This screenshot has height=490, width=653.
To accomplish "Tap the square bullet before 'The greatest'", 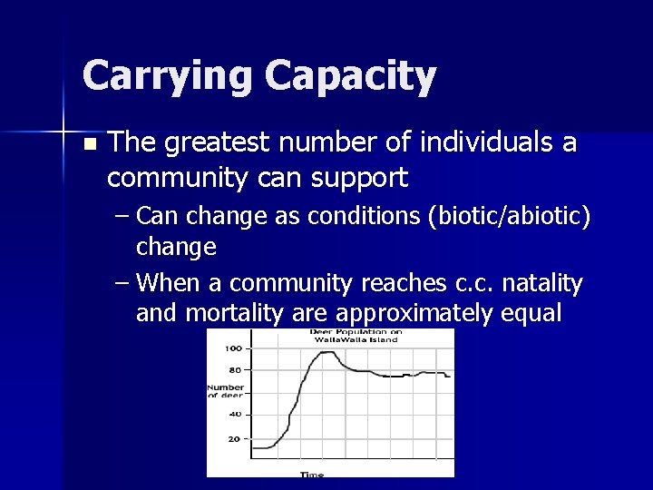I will pyautogui.click(x=87, y=144).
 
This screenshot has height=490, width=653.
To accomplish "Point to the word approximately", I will pyautogui.click(x=416, y=313).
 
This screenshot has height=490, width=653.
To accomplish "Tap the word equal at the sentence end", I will pyautogui.click(x=530, y=313).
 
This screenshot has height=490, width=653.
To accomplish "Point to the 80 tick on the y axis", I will pyautogui.click(x=235, y=370).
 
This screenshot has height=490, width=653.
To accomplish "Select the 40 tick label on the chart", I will pyautogui.click(x=235, y=415).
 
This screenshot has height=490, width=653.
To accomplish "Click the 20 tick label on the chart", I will pyautogui.click(x=235, y=438).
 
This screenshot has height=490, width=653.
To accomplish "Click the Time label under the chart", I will pyautogui.click(x=311, y=474).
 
